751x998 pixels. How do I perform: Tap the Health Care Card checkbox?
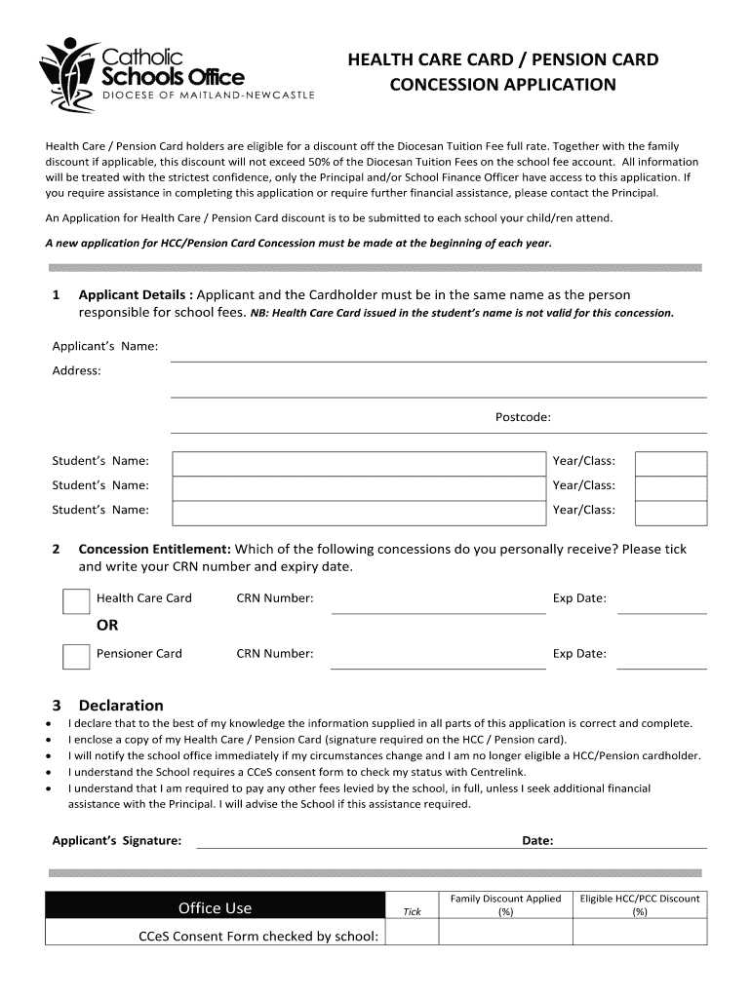(x=76, y=601)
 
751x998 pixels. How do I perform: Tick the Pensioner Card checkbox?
(x=76, y=657)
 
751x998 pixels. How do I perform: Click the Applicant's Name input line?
(x=438, y=353)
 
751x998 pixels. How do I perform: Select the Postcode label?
(x=523, y=417)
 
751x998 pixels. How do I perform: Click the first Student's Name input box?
(x=358, y=463)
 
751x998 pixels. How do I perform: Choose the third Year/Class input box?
(x=671, y=512)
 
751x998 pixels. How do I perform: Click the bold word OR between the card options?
(x=107, y=626)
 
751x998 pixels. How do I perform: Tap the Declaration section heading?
(x=121, y=706)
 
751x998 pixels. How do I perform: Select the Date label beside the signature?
(x=537, y=840)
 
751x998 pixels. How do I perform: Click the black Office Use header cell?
(x=216, y=908)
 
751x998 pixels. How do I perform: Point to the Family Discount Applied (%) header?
(x=505, y=905)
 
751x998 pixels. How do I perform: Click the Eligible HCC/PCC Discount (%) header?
(x=640, y=905)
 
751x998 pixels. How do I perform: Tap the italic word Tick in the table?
(x=413, y=912)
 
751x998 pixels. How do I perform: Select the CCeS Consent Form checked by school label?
(x=257, y=937)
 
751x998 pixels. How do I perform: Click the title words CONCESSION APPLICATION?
(x=503, y=85)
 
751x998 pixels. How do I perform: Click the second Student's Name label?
(x=100, y=485)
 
